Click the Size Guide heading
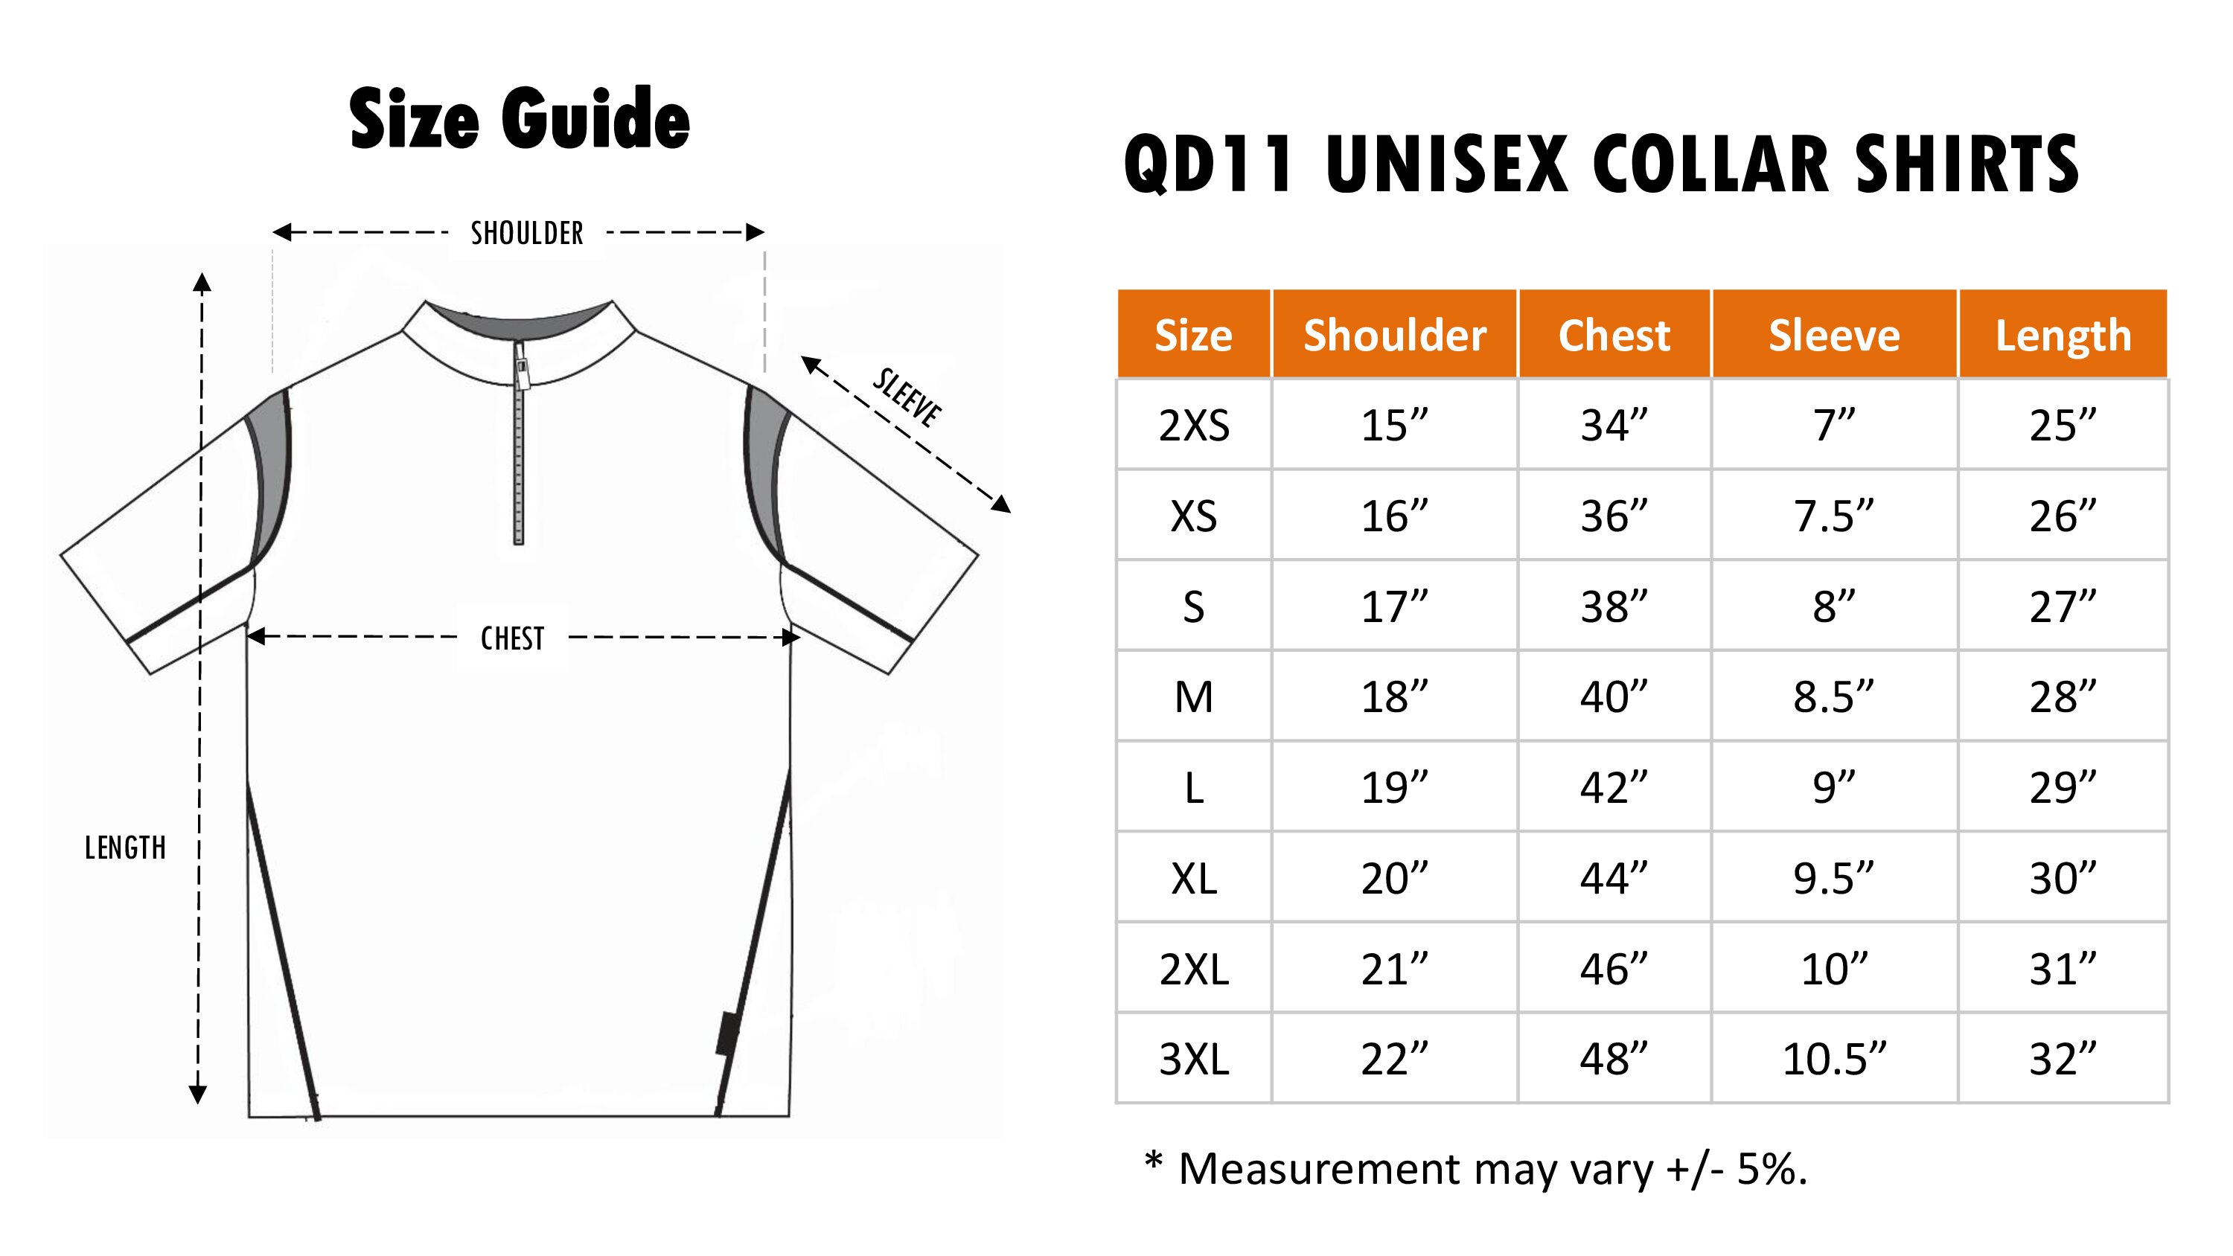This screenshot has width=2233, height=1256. pyautogui.click(x=520, y=119)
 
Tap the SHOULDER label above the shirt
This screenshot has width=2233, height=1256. pyautogui.click(x=527, y=233)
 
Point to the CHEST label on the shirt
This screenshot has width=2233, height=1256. pyautogui.click(x=512, y=639)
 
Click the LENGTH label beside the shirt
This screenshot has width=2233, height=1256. pyautogui.click(x=125, y=848)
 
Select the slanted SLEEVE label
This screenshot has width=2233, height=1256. pyautogui.click(x=907, y=398)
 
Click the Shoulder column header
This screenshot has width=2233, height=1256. pyautogui.click(x=1395, y=336)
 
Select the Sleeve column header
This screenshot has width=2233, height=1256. pyautogui.click(x=1834, y=336)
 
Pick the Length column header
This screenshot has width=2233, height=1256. pyautogui.click(x=2063, y=336)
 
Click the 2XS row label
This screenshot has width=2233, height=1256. pyautogui.click(x=1194, y=426)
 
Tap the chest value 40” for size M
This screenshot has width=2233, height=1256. pyautogui.click(x=1613, y=697)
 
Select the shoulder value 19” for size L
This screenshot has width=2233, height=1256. pyautogui.click(x=1394, y=788)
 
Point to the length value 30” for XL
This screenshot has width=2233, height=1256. pyautogui.click(x=2063, y=879)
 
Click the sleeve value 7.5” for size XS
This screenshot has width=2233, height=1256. pyautogui.click(x=1834, y=516)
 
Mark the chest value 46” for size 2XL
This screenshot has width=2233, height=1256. pyautogui.click(x=1613, y=969)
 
